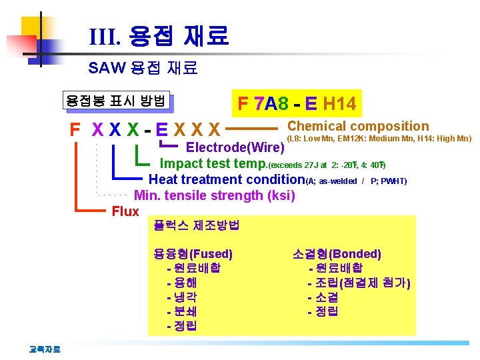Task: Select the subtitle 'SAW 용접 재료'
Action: (143, 67)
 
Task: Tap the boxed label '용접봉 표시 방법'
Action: (115, 101)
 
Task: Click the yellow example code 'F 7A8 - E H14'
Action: (297, 104)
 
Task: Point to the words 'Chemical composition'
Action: (358, 126)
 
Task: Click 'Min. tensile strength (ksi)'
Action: (214, 195)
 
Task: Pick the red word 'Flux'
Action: (125, 212)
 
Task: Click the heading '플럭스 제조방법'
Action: (197, 225)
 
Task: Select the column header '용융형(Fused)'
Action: (193, 253)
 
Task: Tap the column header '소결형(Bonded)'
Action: (337, 253)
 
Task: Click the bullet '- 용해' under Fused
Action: (181, 283)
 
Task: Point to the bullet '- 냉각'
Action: (181, 297)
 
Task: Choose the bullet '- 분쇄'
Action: (181, 311)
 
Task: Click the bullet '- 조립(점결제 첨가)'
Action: (359, 283)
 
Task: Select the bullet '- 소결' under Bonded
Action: (323, 297)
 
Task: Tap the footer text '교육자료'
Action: (44, 347)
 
